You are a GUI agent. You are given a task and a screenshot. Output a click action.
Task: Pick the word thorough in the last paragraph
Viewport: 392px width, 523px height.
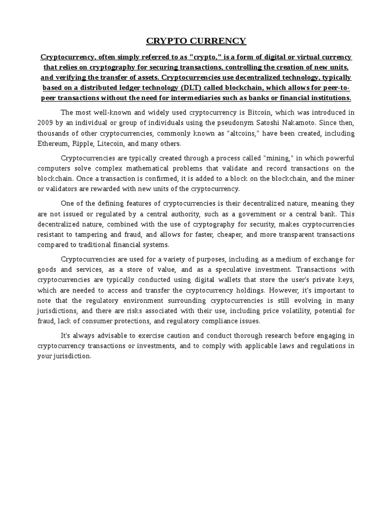[242, 336]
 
